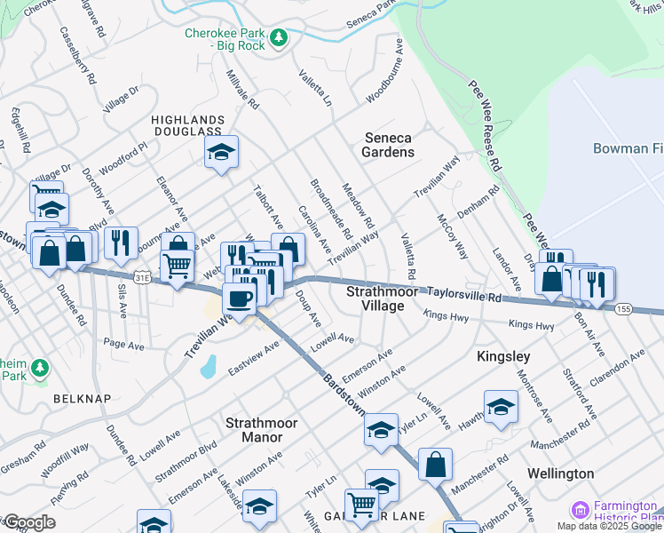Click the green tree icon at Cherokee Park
[279, 37]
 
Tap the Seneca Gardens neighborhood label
[389, 145]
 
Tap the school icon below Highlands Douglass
[221, 152]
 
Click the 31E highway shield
[142, 278]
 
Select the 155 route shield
[623, 308]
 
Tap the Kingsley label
[503, 356]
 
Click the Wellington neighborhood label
[560, 473]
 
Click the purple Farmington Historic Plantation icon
[581, 510]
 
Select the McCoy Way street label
[452, 235]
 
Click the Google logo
[29, 522]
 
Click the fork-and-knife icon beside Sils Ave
[121, 243]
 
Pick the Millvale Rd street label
[242, 90]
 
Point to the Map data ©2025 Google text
[610, 526]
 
